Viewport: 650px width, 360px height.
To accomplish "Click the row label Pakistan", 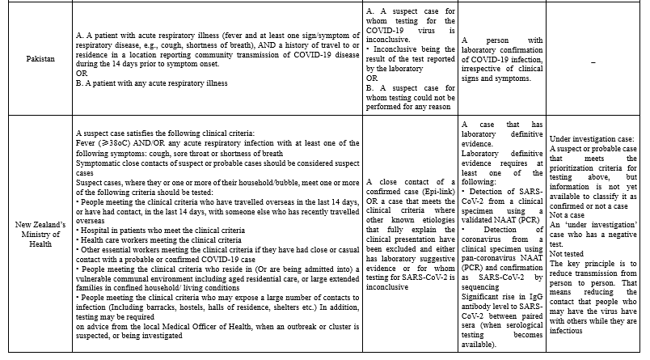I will click(x=34, y=59).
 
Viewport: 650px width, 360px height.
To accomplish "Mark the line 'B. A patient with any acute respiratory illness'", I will click(x=150, y=83).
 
